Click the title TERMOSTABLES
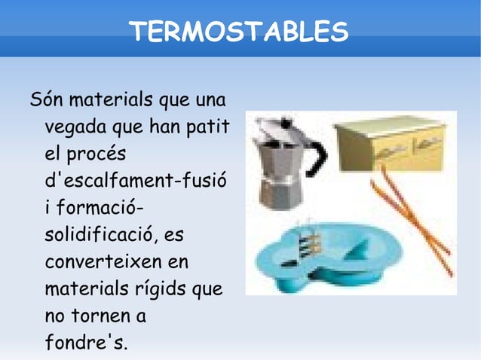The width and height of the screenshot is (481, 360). (x=239, y=32)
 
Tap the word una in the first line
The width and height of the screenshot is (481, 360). (x=214, y=99)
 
